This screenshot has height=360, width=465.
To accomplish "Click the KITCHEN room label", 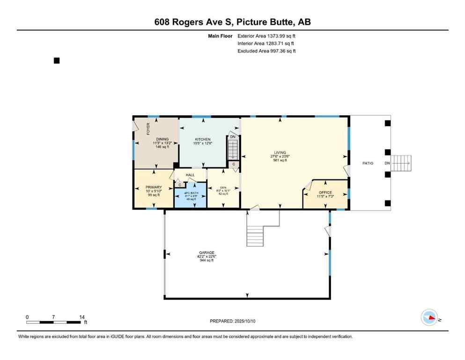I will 203,139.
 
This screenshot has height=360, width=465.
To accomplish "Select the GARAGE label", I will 206,253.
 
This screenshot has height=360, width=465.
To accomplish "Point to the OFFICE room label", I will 325,193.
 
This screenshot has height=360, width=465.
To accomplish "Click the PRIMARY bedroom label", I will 153,187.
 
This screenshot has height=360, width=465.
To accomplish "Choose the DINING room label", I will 162,139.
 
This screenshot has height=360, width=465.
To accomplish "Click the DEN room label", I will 223,187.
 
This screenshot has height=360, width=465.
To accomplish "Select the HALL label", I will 190,175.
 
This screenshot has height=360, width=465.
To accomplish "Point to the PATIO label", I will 368,163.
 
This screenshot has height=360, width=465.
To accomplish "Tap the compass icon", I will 429,318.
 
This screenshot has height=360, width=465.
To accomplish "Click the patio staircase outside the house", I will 401,163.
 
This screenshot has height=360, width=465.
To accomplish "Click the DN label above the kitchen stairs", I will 233,137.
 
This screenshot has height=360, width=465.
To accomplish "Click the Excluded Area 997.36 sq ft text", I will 266,51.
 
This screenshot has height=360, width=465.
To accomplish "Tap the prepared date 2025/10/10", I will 233,321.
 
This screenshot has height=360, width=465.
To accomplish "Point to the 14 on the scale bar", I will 81,317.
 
